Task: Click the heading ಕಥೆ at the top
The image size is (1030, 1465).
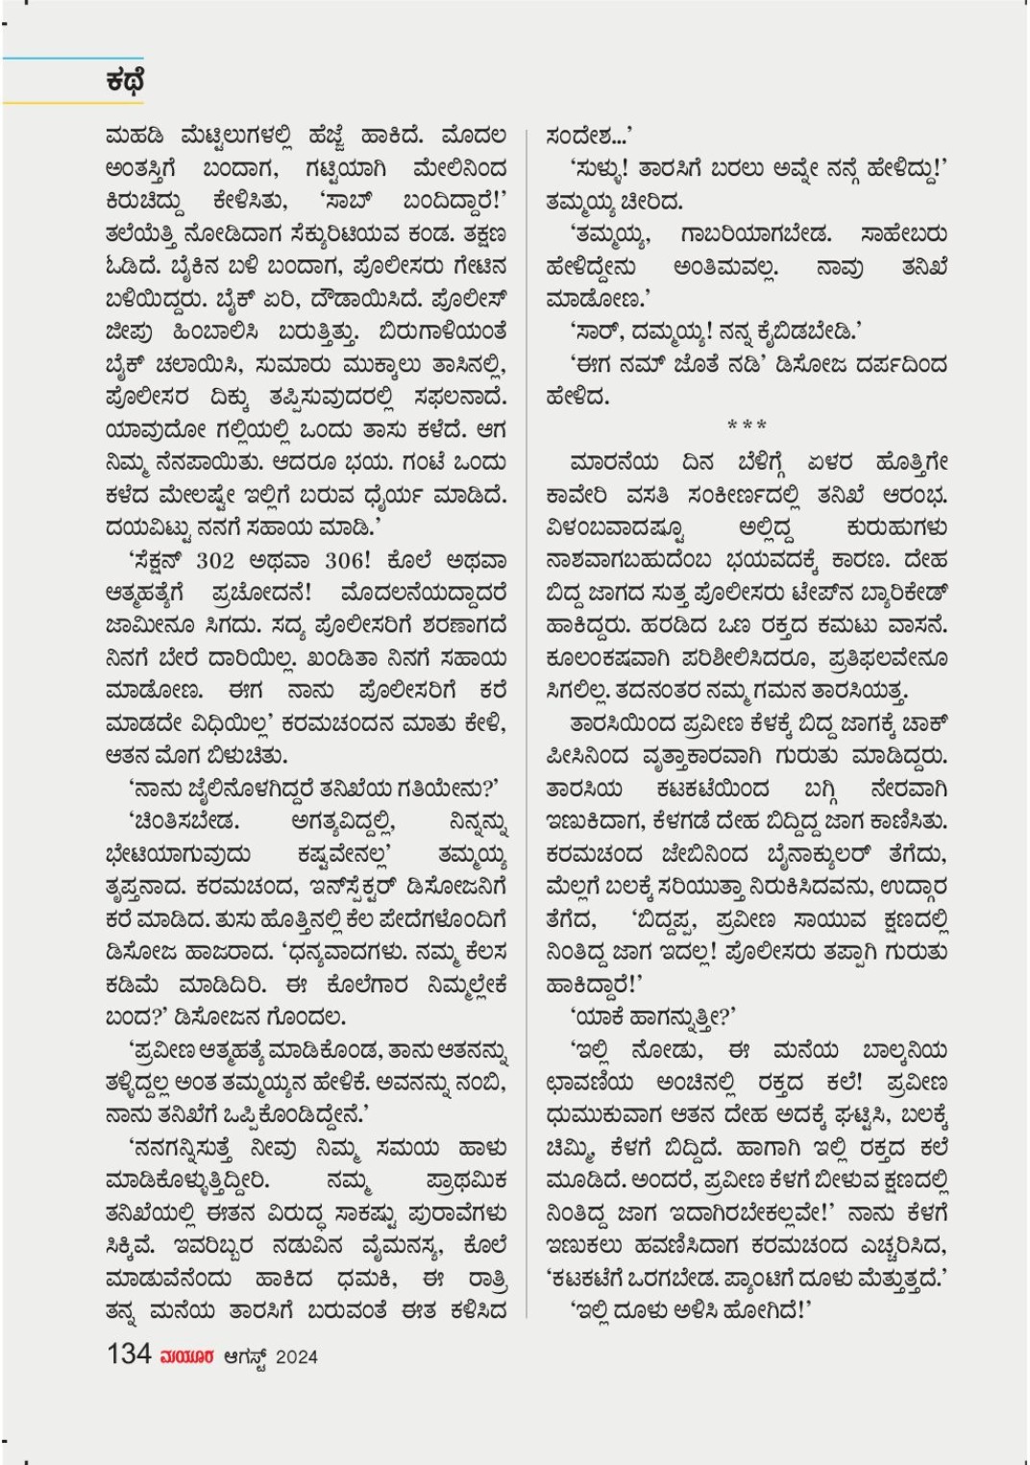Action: point(125,81)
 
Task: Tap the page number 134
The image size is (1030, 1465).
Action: point(129,1354)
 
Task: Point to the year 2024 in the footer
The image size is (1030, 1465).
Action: point(296,1356)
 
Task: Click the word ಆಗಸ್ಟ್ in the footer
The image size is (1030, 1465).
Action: point(245,1356)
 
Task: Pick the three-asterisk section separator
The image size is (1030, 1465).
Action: point(747,426)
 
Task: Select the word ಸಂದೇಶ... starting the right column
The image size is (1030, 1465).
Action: point(589,136)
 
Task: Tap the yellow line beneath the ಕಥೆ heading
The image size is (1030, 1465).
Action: point(72,102)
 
